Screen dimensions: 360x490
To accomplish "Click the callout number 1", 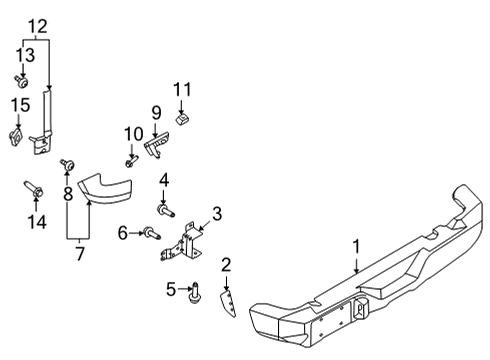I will [355, 246].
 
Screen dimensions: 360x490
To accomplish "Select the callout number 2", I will [226, 264].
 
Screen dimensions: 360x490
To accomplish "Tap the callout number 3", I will [216, 213].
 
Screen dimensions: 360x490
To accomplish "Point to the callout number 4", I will [163, 181].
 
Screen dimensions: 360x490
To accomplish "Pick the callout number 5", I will [171, 290].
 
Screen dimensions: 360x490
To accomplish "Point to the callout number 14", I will [36, 222].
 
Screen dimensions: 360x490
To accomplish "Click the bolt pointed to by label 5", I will [195, 292].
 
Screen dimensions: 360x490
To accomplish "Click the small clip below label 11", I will [181, 119].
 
